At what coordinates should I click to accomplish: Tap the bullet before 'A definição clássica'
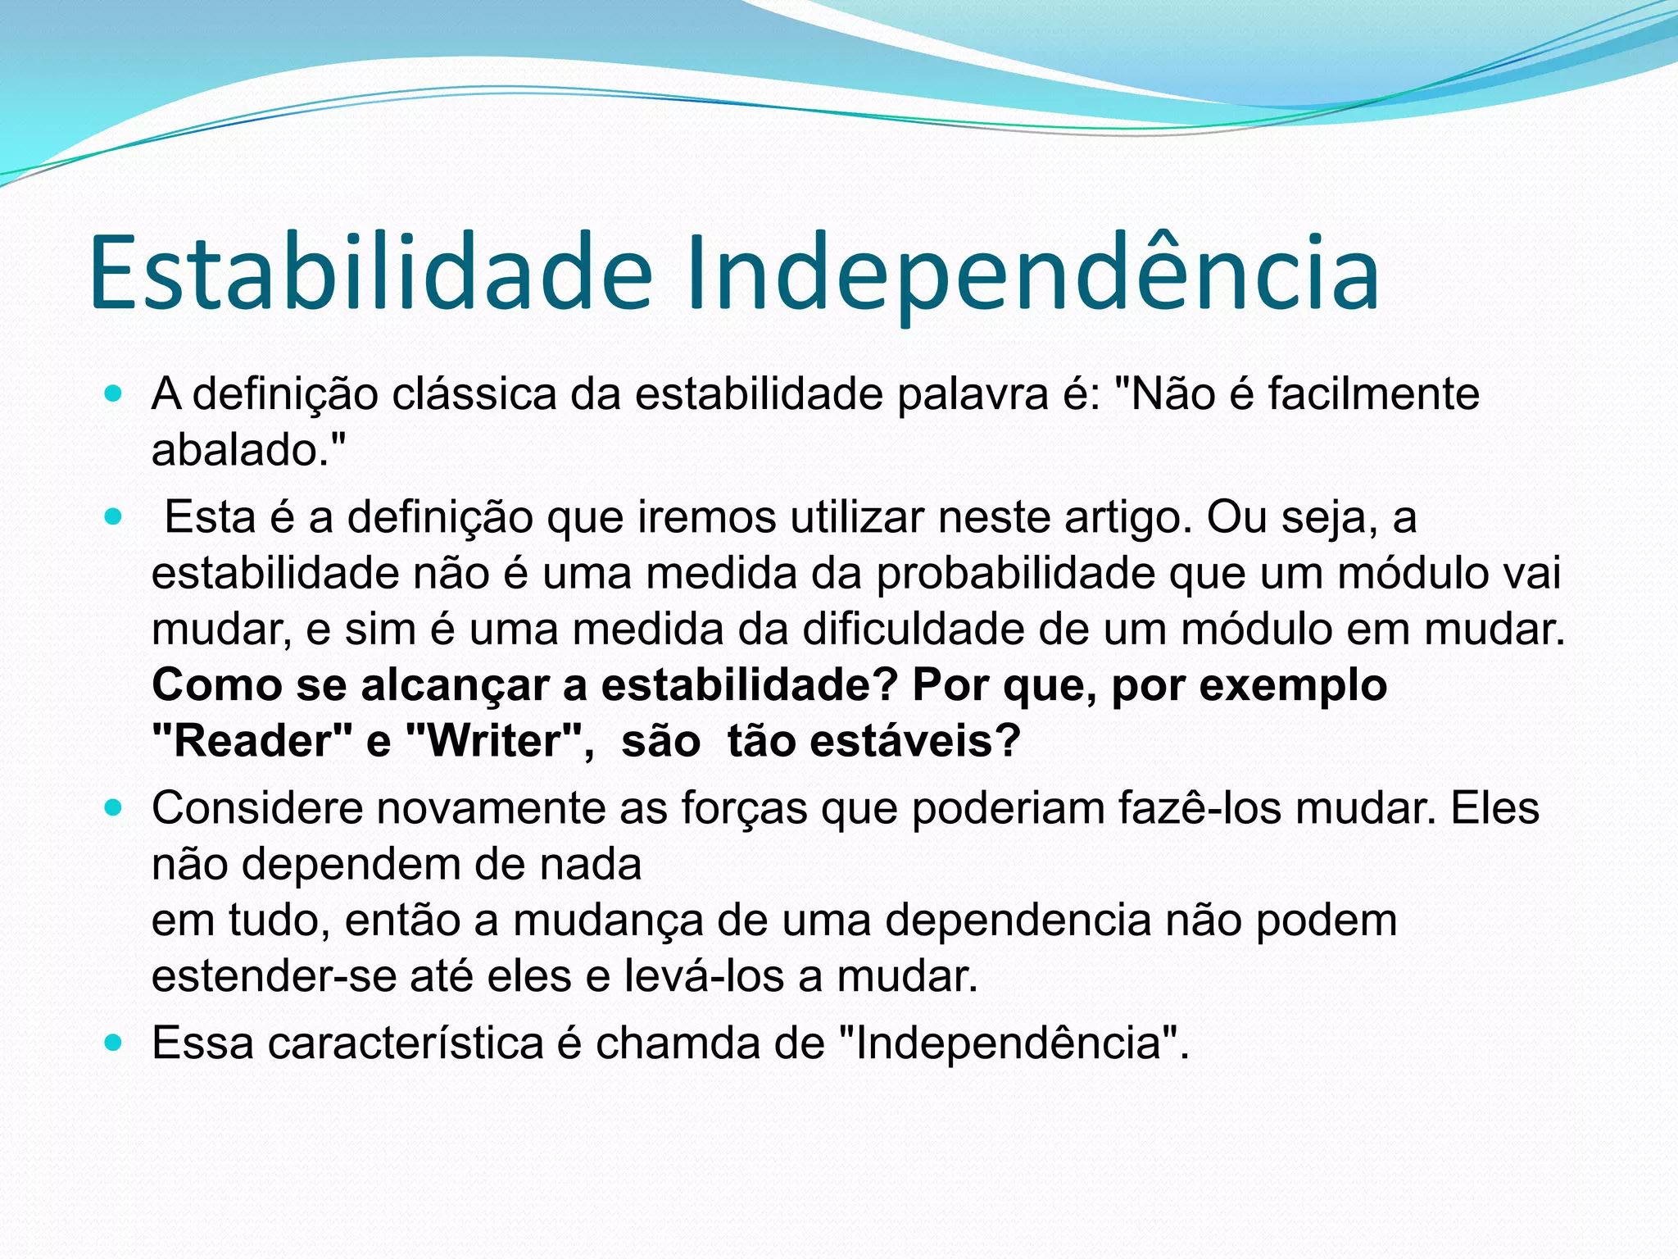[114, 394]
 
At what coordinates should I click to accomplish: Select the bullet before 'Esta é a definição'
[114, 518]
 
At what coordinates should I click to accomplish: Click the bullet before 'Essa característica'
[114, 1043]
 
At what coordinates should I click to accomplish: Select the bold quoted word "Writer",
[500, 741]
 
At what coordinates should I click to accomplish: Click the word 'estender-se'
[273, 976]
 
